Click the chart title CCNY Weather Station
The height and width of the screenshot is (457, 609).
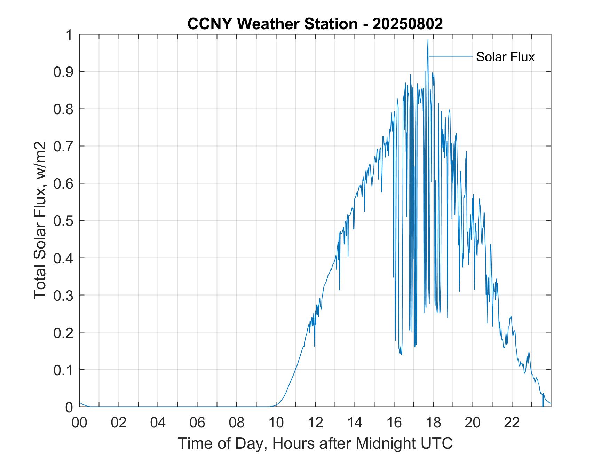[x=272, y=24]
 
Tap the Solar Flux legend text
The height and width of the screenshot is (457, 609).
[x=505, y=56]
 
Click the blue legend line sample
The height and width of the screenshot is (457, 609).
[x=451, y=56]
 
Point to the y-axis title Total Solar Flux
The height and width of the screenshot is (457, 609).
[x=40, y=220]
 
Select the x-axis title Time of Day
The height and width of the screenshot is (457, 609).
[x=315, y=443]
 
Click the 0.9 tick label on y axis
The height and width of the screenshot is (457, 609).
[x=64, y=72]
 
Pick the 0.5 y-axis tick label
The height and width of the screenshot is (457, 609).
[x=64, y=221]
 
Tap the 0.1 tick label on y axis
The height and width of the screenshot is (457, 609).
[x=64, y=370]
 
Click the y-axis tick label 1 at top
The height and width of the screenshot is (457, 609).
[x=70, y=35]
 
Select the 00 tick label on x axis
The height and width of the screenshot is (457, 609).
[x=79, y=423]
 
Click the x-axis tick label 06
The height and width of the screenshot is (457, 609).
[x=197, y=423]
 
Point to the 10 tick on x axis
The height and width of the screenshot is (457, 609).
[x=276, y=423]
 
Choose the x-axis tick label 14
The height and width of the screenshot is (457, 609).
[x=355, y=423]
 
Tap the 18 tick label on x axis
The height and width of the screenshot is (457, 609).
[x=433, y=423]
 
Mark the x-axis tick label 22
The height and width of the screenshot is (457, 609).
[x=512, y=423]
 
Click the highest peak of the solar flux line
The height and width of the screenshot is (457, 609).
[x=428, y=40]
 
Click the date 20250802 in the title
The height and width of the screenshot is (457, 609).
[x=407, y=24]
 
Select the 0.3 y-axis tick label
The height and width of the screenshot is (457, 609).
[x=64, y=295]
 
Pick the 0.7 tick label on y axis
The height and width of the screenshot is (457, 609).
[x=64, y=146]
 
